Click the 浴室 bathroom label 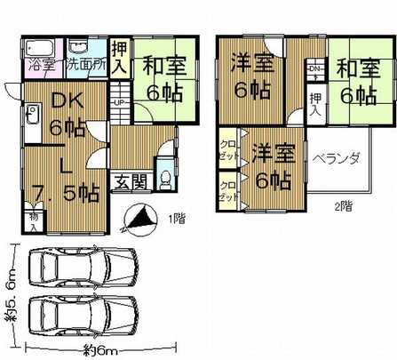click(x=39, y=64)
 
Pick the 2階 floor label click(x=343, y=206)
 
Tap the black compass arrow click(x=135, y=215)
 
